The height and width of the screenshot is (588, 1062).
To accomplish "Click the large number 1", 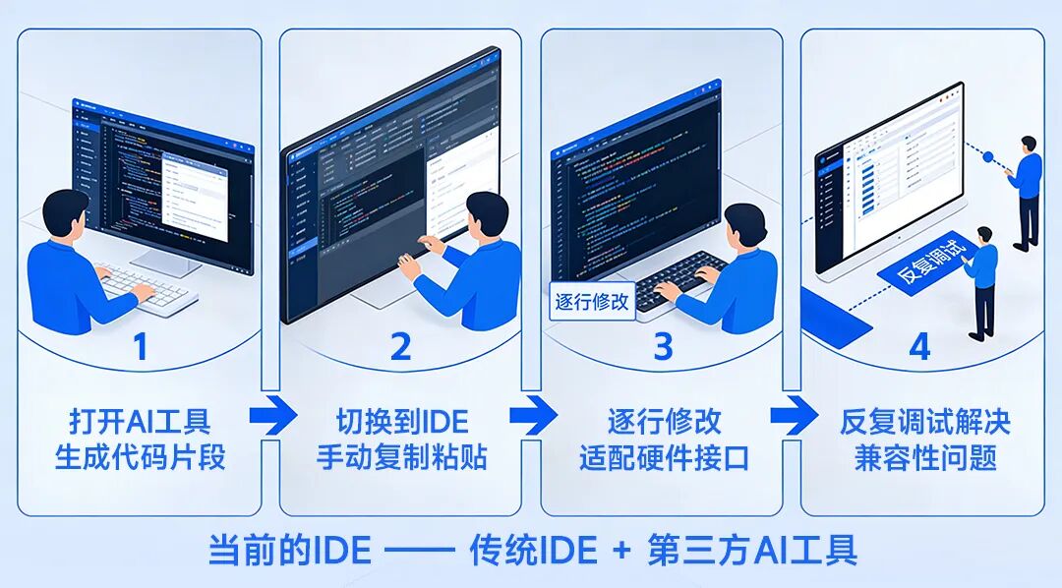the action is tap(140, 347).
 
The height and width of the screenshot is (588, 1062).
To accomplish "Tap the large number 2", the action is tap(400, 347).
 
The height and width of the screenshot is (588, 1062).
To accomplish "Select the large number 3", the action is tap(663, 347).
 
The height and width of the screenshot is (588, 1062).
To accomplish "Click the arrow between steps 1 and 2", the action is tap(271, 416).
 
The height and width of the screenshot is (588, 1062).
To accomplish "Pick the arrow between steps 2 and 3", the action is tap(533, 416).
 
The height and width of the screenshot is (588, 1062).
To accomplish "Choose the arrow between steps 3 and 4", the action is tap(794, 416).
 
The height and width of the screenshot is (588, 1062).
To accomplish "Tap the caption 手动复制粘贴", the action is tap(401, 458).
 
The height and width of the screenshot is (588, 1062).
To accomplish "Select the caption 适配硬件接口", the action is tap(663, 458).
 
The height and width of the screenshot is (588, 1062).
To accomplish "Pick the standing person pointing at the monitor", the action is tap(1026, 192).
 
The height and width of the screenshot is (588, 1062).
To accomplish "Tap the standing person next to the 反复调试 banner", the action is tap(983, 280).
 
